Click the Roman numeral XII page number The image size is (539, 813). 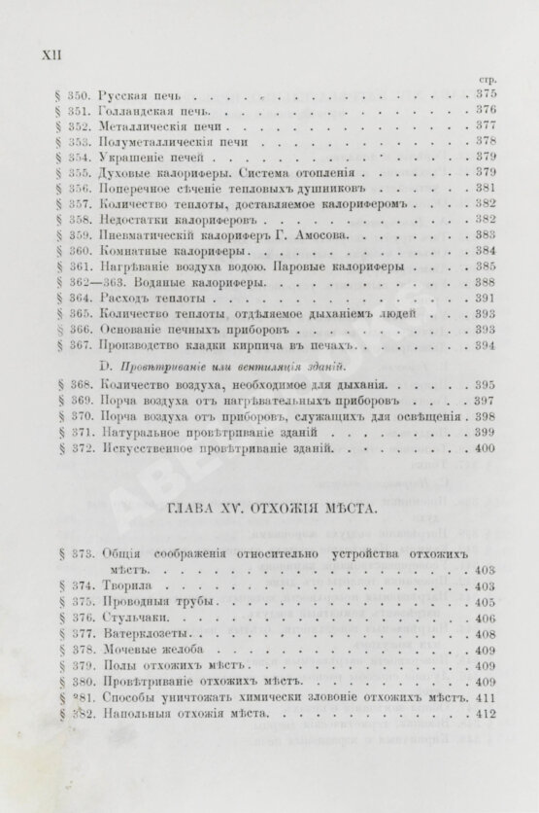click(50, 56)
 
